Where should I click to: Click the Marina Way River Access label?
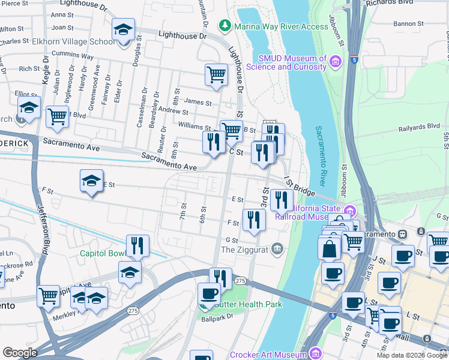click(x=273, y=26)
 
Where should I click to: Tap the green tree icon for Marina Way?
click(x=224, y=26)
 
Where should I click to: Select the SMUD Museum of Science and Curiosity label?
click(x=292, y=62)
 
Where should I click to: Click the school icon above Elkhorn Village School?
click(x=123, y=31)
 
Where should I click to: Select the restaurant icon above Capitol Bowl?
click(x=137, y=245)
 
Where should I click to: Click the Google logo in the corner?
click(x=20, y=353)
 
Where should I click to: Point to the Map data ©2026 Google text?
click(x=412, y=355)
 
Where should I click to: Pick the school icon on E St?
click(x=91, y=182)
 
